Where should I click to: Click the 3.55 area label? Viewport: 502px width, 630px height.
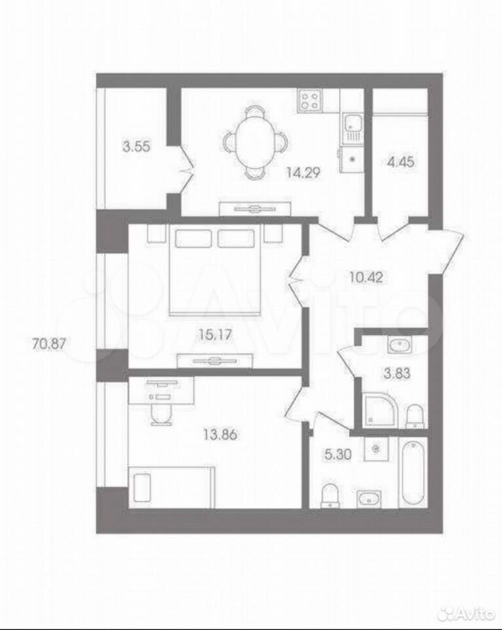pyautogui.click(x=136, y=146)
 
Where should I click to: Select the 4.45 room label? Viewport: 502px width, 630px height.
pyautogui.click(x=400, y=163)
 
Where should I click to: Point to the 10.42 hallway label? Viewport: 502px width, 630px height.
pyautogui.click(x=365, y=277)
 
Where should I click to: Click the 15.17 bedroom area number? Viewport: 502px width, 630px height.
pyautogui.click(x=216, y=334)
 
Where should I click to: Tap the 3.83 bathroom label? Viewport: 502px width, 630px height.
pyautogui.click(x=397, y=373)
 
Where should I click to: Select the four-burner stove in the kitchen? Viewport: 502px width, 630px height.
pyautogui.click(x=311, y=101)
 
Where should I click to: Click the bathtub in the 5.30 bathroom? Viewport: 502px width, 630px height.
pyautogui.click(x=414, y=473)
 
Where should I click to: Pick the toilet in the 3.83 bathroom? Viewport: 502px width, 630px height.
pyautogui.click(x=414, y=417)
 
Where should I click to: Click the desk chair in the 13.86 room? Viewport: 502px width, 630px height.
pyautogui.click(x=162, y=413)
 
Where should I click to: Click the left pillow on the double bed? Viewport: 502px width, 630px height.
pyautogui.click(x=193, y=238)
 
